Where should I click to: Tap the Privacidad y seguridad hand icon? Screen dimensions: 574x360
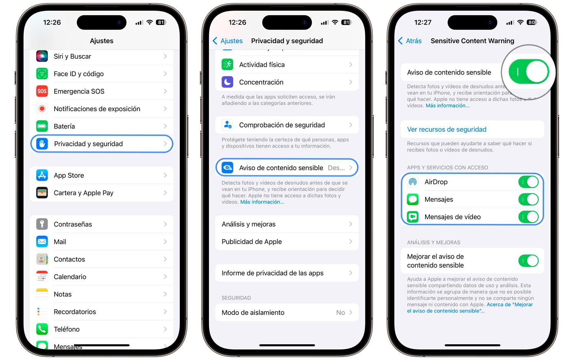42,144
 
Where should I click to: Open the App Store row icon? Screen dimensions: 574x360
42,175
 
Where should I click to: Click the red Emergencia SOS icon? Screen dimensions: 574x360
42,91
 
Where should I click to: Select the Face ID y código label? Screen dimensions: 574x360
79,74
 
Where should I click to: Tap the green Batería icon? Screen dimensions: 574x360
42,126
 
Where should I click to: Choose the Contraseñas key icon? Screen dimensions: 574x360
42,224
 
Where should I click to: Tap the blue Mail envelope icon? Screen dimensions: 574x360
42,242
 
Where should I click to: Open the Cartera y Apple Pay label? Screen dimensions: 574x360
83,193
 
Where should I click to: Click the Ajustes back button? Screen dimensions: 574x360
228,41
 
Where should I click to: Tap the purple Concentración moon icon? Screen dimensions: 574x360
227,82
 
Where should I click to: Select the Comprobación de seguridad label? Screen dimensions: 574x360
282,125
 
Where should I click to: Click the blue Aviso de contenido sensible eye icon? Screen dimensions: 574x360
227,168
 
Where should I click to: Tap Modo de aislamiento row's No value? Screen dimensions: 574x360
340,313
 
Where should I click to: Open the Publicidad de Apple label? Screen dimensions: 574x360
252,242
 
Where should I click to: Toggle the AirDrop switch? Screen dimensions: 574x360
528,182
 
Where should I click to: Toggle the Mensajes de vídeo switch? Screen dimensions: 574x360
528,217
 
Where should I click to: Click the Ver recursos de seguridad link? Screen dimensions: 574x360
447,129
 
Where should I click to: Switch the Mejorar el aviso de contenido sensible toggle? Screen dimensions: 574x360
528,261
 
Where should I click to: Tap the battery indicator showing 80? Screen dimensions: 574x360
532,23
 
